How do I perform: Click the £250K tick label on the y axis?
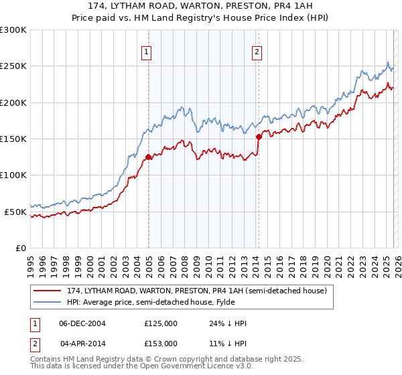(x=13, y=66)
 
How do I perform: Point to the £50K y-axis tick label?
(x=16, y=212)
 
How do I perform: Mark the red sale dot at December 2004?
(x=148, y=157)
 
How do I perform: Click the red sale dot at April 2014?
(x=259, y=137)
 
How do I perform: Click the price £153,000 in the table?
(x=161, y=343)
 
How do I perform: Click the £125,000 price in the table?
(x=161, y=323)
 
